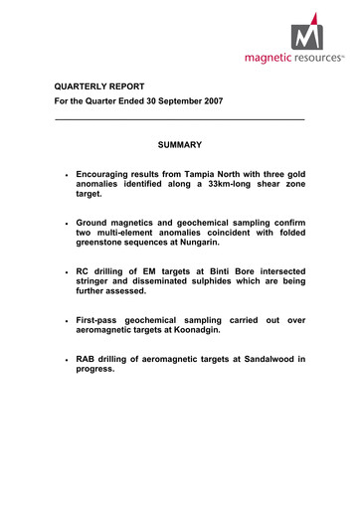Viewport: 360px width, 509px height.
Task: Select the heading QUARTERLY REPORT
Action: click(x=99, y=85)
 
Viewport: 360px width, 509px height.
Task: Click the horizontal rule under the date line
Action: click(x=179, y=121)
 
